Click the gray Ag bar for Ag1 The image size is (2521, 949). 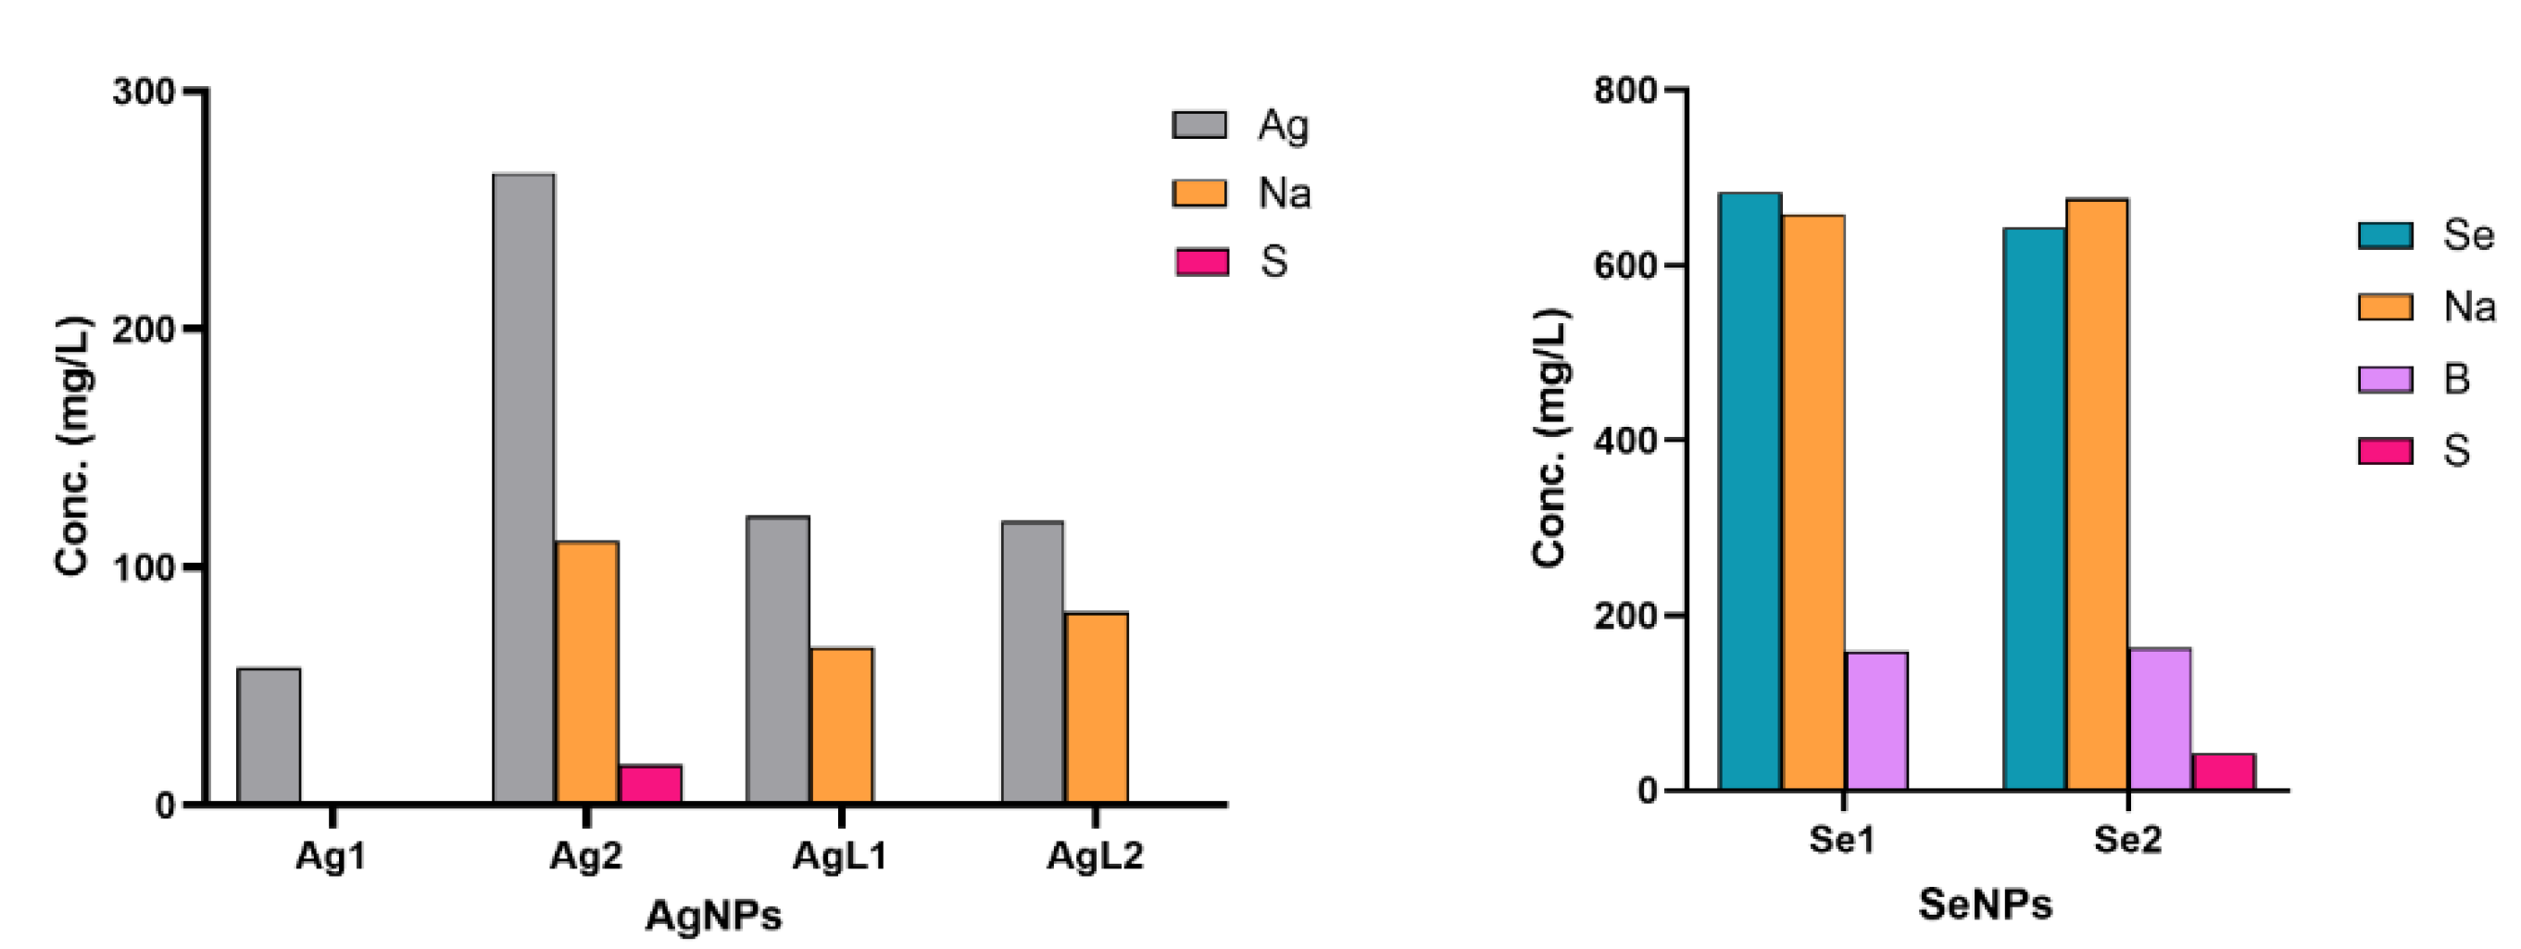click(270, 736)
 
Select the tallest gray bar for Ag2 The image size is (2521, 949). click(523, 489)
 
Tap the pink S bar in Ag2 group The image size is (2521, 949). click(650, 784)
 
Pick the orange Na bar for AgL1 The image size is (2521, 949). click(842, 726)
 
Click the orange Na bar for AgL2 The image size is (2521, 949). click(1096, 708)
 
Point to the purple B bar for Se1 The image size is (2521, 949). click(1876, 721)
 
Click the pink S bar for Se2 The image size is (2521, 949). click(2224, 772)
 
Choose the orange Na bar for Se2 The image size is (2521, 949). click(2097, 494)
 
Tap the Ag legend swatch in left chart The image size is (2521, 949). click(1198, 125)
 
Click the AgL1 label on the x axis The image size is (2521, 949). click(840, 856)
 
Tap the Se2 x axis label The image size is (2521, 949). click(2126, 840)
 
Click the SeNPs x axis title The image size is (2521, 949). click(1985, 904)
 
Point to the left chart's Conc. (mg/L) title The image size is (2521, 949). click(72, 445)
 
